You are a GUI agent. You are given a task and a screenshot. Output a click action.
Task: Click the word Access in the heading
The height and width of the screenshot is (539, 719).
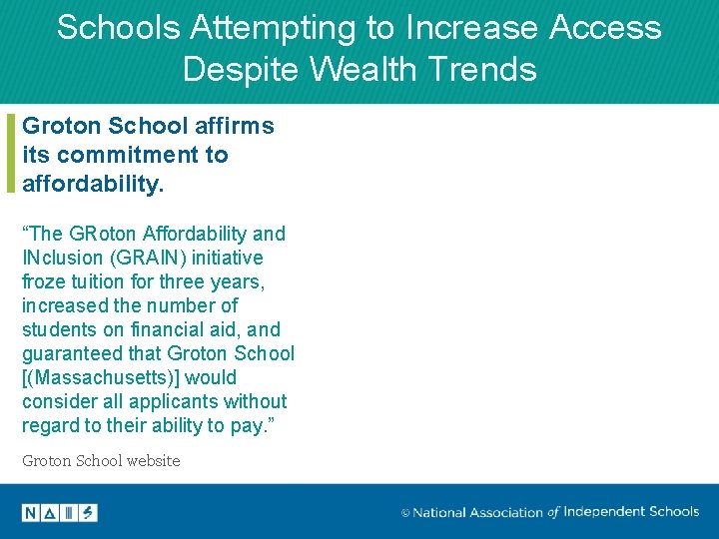pyautogui.click(x=604, y=28)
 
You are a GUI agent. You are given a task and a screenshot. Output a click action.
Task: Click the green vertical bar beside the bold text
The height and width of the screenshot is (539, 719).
pyautogui.click(x=11, y=153)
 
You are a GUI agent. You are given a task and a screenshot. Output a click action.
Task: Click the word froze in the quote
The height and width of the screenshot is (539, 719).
pyautogui.click(x=45, y=281)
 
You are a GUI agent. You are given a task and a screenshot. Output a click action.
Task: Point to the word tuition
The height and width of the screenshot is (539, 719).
pyautogui.click(x=101, y=281)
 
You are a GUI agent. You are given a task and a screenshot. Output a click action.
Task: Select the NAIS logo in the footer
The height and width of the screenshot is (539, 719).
pyautogui.click(x=59, y=513)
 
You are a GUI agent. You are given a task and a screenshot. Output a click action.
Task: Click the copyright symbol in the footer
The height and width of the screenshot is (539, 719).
pyautogui.click(x=405, y=513)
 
